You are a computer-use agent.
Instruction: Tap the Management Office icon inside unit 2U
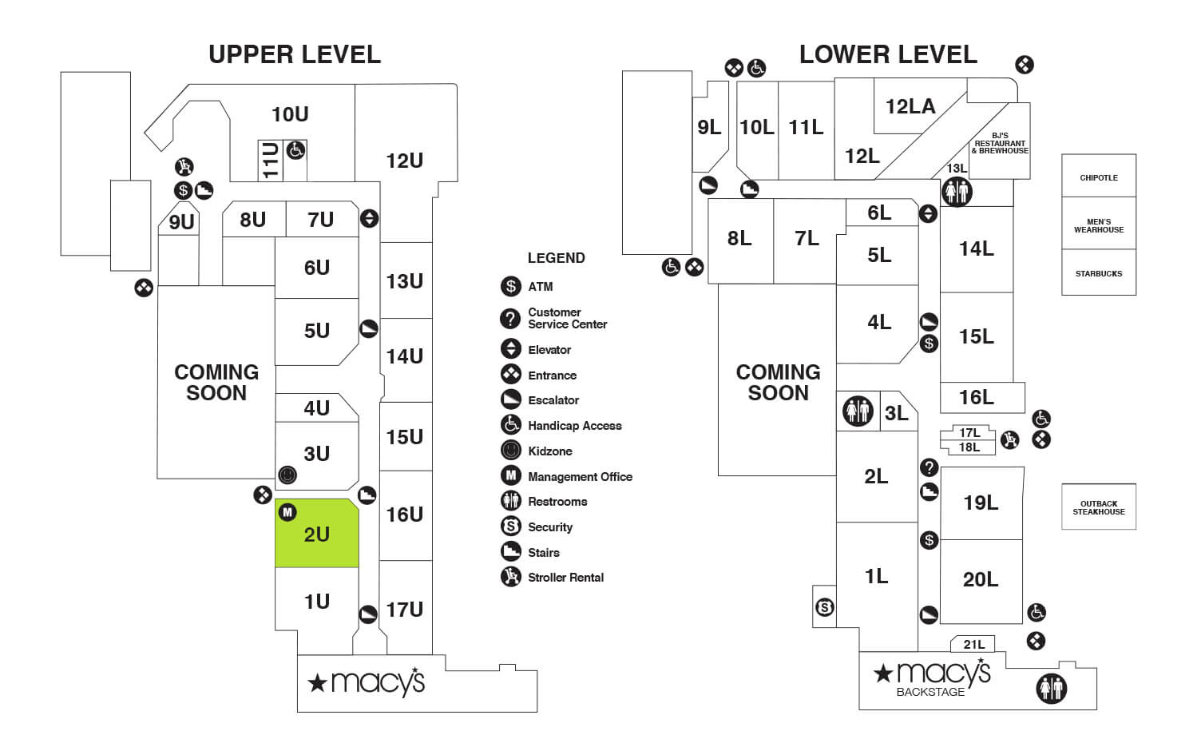point(287,512)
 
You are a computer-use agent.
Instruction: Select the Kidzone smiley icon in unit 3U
point(287,475)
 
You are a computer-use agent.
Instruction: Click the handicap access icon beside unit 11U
point(295,149)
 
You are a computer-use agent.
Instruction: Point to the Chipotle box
point(1098,177)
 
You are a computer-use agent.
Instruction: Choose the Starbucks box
point(1098,273)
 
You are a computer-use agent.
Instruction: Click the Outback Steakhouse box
point(1098,507)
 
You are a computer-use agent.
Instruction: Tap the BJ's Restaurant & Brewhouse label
point(1000,143)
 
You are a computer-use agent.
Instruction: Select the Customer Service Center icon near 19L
point(929,467)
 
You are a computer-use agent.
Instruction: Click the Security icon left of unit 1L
point(825,608)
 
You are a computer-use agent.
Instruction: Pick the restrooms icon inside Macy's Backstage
point(1051,688)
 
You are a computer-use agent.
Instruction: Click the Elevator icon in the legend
point(511,349)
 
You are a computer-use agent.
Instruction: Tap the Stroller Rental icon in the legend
point(511,577)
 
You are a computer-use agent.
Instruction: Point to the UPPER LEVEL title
point(295,54)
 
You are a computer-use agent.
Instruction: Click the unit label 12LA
point(910,106)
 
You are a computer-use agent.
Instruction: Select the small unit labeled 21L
point(973,644)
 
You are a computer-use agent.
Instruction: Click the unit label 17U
point(405,610)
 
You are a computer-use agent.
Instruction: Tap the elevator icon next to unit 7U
point(369,218)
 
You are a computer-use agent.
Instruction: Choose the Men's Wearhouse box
point(1098,225)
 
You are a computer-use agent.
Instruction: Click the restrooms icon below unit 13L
point(957,192)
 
